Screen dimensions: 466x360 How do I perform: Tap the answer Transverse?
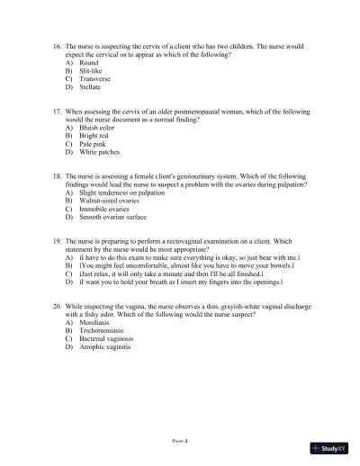click(x=94, y=79)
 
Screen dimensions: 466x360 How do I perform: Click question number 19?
click(x=57, y=241)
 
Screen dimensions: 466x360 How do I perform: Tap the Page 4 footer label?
click(x=180, y=442)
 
